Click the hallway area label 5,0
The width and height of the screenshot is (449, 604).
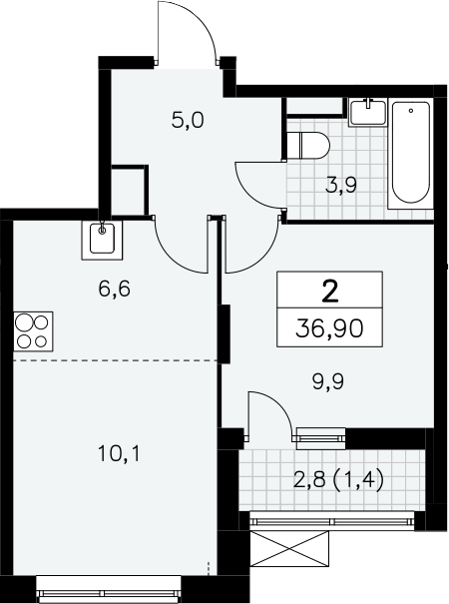coord(188,122)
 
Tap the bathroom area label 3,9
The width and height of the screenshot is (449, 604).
coord(341,186)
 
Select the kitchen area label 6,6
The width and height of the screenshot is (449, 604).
coord(115,289)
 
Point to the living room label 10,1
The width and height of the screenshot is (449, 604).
coord(120,453)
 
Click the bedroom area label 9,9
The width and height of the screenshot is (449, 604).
coord(328,382)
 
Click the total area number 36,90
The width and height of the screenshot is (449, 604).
coord(329,329)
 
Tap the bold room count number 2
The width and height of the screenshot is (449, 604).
coord(329,292)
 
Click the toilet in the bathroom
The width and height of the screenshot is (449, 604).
coord(308,146)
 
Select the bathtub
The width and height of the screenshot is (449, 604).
coord(410,154)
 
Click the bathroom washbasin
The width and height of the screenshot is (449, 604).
coord(368,112)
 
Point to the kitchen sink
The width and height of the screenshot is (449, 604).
coord(102,240)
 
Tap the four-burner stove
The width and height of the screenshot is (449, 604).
coord(33,331)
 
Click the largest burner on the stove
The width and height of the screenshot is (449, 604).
coord(24,322)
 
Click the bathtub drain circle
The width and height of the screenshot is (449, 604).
coord(411,111)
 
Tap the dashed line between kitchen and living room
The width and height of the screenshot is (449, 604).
coord(115,360)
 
